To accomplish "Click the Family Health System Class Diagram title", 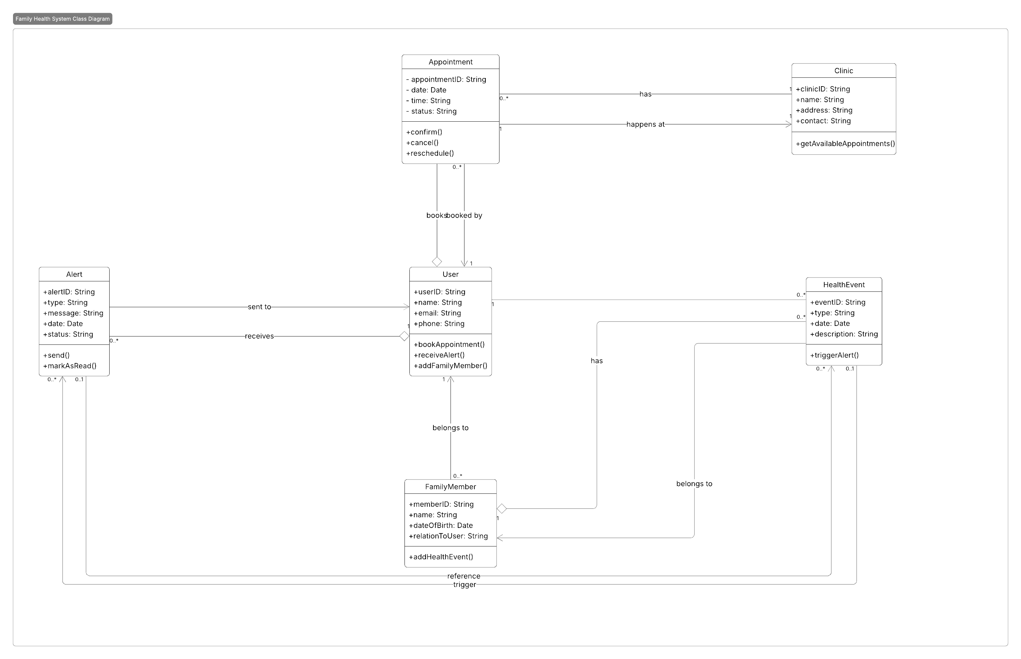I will pyautogui.click(x=62, y=19).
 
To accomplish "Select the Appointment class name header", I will pyautogui.click(x=450, y=62).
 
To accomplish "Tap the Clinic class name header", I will pyautogui.click(x=843, y=71).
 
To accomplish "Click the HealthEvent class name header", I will pyautogui.click(x=843, y=285).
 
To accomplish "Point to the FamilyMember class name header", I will pyautogui.click(x=450, y=487).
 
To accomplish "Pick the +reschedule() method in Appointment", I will pyautogui.click(x=430, y=153).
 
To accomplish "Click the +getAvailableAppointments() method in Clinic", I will pyautogui.click(x=845, y=144).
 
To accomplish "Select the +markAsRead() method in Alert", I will pyautogui.click(x=70, y=366).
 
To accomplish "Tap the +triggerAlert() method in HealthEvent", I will pyautogui.click(x=834, y=355).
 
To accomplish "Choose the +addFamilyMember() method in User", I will pyautogui.click(x=450, y=366).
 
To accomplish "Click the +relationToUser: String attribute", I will pyautogui.click(x=448, y=536).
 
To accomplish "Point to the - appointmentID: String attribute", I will pyautogui.click(x=446, y=80).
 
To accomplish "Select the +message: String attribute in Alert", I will pyautogui.click(x=73, y=313).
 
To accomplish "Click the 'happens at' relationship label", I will pyautogui.click(x=645, y=125).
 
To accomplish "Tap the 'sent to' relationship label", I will pyautogui.click(x=259, y=307).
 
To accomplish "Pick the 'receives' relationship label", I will pyautogui.click(x=259, y=336).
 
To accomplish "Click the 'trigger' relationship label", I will pyautogui.click(x=465, y=585).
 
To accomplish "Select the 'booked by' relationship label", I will pyautogui.click(x=465, y=215).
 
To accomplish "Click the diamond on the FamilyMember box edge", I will pyautogui.click(x=502, y=509).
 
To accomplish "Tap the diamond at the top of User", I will pyautogui.click(x=437, y=262).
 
